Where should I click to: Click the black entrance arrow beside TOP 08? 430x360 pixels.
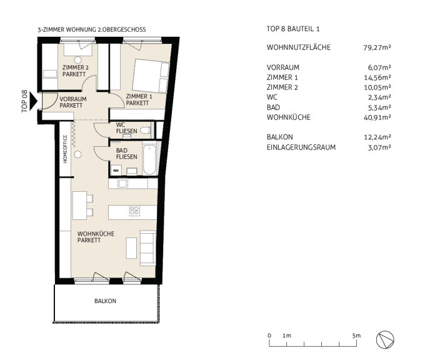[33, 101]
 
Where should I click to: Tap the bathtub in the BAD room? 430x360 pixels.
[149, 159]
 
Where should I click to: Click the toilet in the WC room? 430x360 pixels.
[146, 131]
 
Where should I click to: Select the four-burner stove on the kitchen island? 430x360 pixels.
[134, 211]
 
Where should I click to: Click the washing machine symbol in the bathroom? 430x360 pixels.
[116, 171]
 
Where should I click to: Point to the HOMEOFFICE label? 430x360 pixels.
[65, 149]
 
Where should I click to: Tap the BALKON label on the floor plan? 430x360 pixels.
[105, 301]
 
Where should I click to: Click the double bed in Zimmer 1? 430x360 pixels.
[151, 76]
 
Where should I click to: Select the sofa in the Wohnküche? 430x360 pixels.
[147, 248]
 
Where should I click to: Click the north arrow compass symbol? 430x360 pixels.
[385, 340]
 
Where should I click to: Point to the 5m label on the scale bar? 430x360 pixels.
[356, 336]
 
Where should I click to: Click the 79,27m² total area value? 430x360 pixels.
[377, 47]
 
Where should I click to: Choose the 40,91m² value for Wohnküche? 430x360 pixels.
[377, 117]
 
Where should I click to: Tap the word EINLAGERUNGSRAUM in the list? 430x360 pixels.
[301, 147]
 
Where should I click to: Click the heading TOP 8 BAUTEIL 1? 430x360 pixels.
[293, 29]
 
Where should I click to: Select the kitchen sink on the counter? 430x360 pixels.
[122, 183]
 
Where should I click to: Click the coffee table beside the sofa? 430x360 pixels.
[131, 248]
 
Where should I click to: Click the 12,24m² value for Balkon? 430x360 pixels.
[377, 137]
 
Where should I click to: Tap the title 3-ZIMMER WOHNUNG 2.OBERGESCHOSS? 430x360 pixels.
[92, 29]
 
